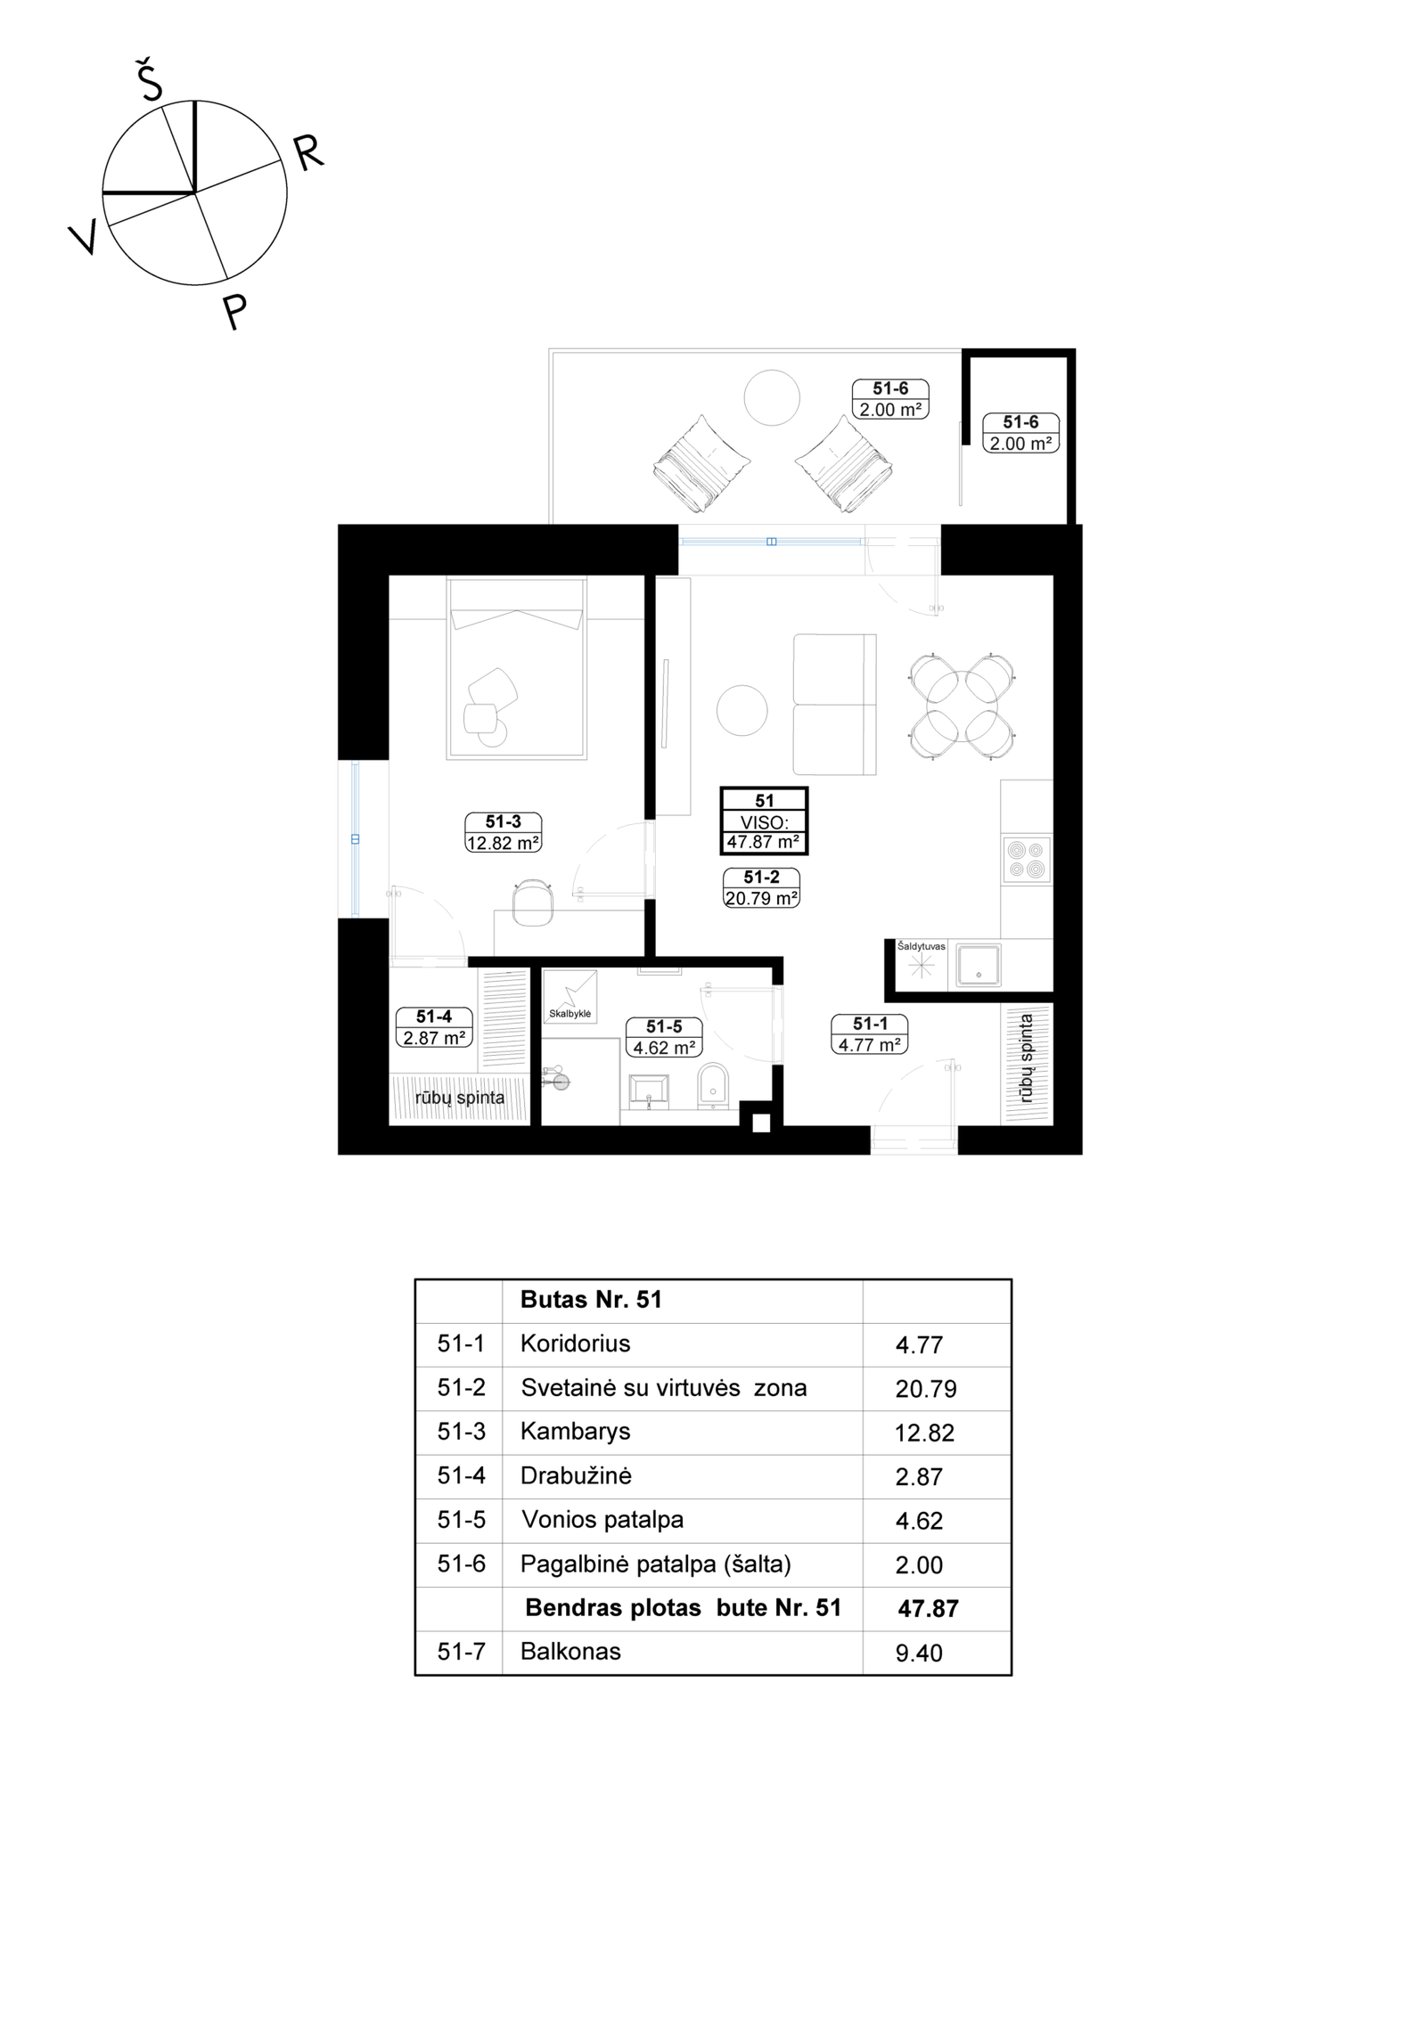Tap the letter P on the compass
click(x=234, y=311)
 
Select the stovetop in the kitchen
click(x=1026, y=860)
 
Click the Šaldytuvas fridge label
click(x=921, y=946)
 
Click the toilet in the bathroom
click(x=713, y=1086)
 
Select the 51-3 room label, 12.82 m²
click(x=504, y=832)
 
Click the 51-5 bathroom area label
click(x=664, y=1038)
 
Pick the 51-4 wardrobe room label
click(x=434, y=1027)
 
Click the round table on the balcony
click(x=772, y=397)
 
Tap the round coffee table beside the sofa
click(x=742, y=710)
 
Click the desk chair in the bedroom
click(x=533, y=901)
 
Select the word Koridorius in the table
click(x=575, y=1343)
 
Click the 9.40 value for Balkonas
click(x=919, y=1654)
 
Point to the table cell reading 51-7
click(x=462, y=1652)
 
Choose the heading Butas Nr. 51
click(x=591, y=1300)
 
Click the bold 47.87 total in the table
click(x=929, y=1609)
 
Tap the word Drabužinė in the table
click(x=576, y=1475)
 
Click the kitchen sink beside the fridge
click(x=978, y=966)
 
